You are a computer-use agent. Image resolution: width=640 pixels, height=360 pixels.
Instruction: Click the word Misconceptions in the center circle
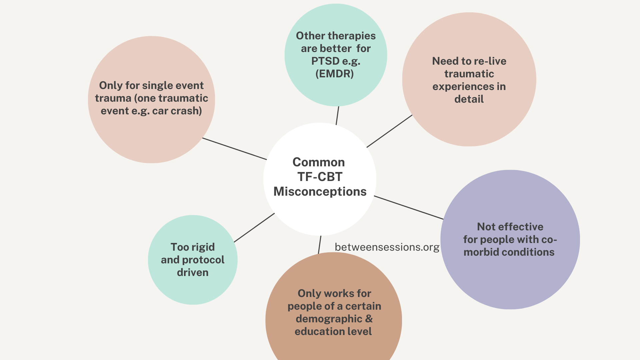[x=320, y=192]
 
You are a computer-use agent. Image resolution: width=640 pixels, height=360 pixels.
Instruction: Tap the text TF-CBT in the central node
[x=320, y=177]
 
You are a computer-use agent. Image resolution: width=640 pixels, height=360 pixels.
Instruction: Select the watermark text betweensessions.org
[x=387, y=247]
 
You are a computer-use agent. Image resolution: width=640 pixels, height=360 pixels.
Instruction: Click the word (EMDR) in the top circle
[x=335, y=74]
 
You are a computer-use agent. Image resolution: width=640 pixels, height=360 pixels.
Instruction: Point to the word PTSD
[x=325, y=61]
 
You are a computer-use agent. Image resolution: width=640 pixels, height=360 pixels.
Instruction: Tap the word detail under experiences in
[x=469, y=99]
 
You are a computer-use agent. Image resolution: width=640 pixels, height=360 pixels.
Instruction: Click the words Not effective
[x=510, y=227]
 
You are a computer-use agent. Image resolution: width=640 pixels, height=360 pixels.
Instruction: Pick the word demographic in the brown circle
[x=329, y=319]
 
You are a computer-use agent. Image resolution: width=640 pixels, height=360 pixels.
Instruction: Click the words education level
[x=333, y=331]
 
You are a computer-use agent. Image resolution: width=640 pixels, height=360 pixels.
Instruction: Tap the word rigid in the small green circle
[x=201, y=247]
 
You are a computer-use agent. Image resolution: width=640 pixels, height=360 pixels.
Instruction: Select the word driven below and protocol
[x=193, y=272]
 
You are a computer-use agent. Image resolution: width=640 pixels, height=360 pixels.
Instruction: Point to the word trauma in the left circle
[x=113, y=98]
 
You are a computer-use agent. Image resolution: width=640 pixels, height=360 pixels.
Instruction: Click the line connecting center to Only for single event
[x=234, y=149]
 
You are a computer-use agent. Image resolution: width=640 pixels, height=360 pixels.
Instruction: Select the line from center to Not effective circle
[x=409, y=208]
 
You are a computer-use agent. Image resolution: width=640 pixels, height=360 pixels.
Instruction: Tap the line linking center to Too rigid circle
[x=254, y=228]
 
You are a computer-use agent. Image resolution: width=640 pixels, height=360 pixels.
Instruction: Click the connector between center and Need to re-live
[x=389, y=131]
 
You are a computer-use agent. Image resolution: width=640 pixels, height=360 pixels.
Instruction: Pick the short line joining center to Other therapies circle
[x=337, y=116]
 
